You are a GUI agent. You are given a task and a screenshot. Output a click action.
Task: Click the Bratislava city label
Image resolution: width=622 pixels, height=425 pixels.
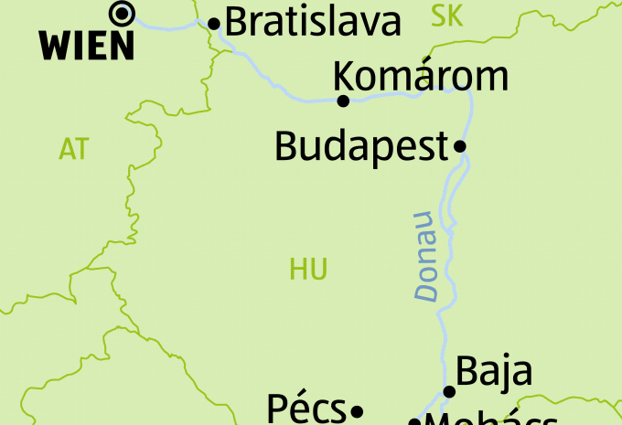pos(313,23)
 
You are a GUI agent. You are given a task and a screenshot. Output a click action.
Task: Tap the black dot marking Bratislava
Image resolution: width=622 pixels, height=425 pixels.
pos(215,24)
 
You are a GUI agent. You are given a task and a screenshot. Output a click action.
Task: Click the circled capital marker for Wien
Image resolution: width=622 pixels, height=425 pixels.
pos(121,13)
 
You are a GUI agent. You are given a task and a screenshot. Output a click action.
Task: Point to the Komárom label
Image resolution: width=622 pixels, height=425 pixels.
pos(420,76)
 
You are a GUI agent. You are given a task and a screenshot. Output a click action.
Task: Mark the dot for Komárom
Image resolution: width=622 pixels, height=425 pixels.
pos(344,101)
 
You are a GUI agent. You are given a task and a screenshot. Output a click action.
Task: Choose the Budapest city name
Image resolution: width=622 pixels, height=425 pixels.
pos(360,146)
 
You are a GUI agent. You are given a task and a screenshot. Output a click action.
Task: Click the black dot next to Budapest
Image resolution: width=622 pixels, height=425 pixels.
pos(460,145)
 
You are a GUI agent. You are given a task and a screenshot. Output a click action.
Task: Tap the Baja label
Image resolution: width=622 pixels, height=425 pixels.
pos(493,371)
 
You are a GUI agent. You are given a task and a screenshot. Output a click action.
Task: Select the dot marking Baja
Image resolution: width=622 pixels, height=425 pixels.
pos(449,392)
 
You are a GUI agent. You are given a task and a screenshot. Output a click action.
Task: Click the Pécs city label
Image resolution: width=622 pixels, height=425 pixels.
pos(306,409)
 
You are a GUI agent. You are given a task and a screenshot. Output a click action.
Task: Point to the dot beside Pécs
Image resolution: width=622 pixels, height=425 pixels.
pos(358,410)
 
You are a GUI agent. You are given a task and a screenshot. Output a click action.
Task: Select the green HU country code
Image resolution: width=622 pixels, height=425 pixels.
pos(308,269)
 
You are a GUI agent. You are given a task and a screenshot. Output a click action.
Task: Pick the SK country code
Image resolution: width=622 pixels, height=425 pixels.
pos(446,16)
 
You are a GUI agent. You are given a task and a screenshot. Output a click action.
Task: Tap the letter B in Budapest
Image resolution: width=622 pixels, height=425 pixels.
pos(287,146)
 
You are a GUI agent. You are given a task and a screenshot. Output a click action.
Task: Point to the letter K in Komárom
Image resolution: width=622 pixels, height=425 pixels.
pos(346,76)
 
